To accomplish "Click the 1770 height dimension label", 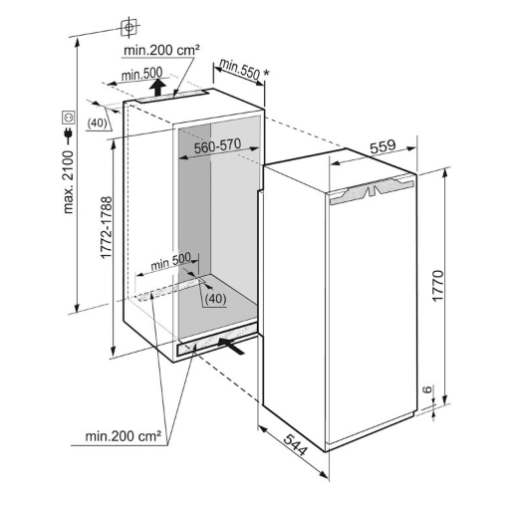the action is (x=438, y=286).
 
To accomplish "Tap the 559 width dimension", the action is (x=384, y=146).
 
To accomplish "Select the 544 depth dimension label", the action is (x=296, y=444).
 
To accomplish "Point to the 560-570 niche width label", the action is (x=217, y=146).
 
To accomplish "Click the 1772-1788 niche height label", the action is (x=107, y=227).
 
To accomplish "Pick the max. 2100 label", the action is (x=68, y=182).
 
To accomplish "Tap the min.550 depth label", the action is (x=239, y=70).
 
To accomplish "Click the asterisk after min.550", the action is (x=266, y=74).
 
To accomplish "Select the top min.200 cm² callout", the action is (x=161, y=50).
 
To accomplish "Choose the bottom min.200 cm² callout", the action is (x=124, y=436).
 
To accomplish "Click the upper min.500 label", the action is (x=141, y=74).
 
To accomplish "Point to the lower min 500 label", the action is (x=170, y=261).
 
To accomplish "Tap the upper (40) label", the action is (x=97, y=124).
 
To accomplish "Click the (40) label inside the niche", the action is (x=215, y=299).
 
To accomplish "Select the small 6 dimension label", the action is (x=428, y=388).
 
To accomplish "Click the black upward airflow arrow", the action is (x=157, y=88).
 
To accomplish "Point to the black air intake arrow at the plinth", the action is (x=231, y=346).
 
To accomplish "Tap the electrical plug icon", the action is (x=69, y=133).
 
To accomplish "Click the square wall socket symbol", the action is (x=69, y=118).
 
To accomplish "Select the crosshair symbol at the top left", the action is (x=128, y=27).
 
